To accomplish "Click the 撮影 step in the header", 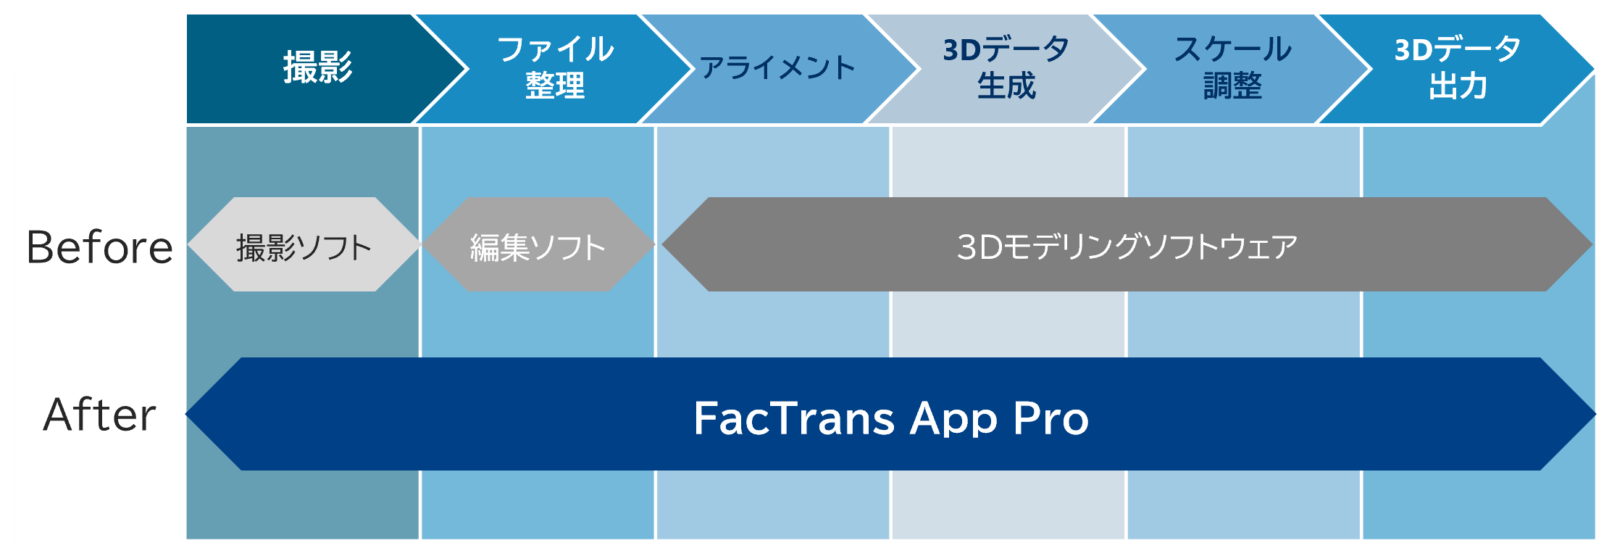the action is [319, 69].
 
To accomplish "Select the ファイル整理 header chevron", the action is [555, 69].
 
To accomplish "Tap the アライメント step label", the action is [777, 68].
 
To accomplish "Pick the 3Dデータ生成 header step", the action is [1006, 69].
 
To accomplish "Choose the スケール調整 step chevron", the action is [1232, 69].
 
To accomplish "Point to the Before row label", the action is [100, 247].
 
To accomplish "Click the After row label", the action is [100, 415].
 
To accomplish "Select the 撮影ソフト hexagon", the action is [304, 244].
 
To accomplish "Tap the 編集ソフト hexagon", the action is [538, 244].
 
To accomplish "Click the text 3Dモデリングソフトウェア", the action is [1127, 246].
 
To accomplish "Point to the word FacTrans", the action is [794, 418].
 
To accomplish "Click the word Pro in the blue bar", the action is [1051, 418].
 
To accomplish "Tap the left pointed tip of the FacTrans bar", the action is [186, 414].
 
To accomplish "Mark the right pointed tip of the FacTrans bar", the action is [1596, 414].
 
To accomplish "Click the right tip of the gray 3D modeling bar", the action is [1592, 244].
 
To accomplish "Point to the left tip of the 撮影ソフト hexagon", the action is [188, 244].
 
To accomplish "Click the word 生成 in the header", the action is [1006, 86].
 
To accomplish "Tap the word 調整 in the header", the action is [1232, 86].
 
